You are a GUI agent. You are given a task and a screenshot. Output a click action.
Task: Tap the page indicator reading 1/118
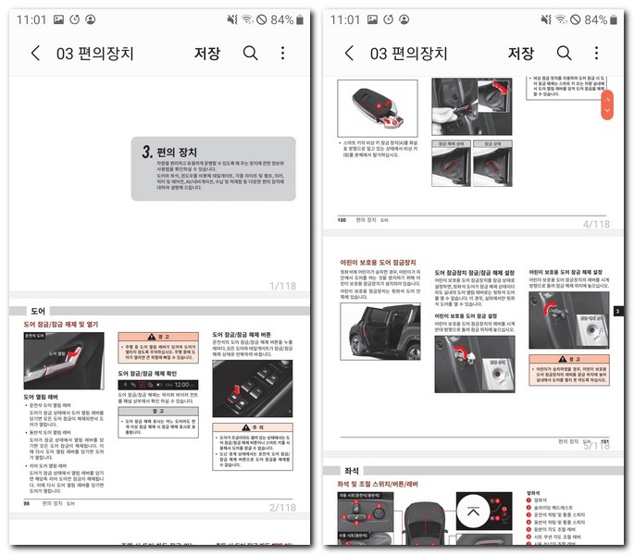pyautogui.click(x=282, y=287)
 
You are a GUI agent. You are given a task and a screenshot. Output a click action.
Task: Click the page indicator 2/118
pyautogui.click(x=282, y=507)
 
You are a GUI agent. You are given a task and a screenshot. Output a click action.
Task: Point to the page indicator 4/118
pyautogui.click(x=596, y=224)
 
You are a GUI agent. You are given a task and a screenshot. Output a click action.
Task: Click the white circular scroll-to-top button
pyautogui.click(x=474, y=511)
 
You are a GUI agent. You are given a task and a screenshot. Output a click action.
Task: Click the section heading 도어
pyautogui.click(x=38, y=312)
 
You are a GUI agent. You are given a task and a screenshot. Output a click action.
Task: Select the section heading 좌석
pyautogui.click(x=352, y=471)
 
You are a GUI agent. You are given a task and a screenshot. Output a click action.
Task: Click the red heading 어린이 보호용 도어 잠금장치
pyautogui.click(x=379, y=263)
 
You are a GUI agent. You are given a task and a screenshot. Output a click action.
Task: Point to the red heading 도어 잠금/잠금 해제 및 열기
pyautogui.click(x=60, y=325)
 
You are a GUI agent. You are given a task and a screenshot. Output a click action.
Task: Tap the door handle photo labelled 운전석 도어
pyautogui.click(x=50, y=361)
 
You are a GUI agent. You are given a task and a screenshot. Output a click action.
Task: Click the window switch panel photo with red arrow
pyautogui.click(x=253, y=388)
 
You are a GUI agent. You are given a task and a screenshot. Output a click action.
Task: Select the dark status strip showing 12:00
pyautogui.click(x=158, y=384)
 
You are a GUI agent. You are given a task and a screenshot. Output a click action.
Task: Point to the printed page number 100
pyautogui.click(x=342, y=220)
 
